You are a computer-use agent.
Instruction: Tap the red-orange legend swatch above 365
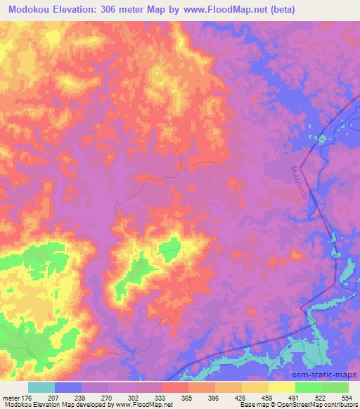click(174, 387)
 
